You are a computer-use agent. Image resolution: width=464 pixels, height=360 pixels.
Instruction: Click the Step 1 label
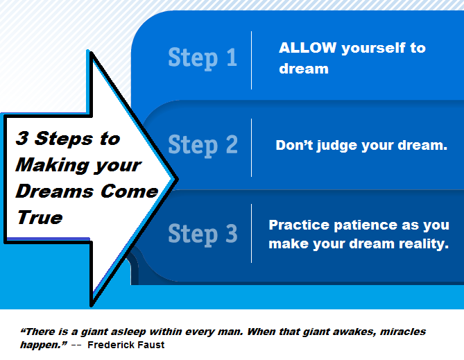pyautogui.click(x=203, y=58)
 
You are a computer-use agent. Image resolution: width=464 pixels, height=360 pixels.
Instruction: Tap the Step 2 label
pyautogui.click(x=203, y=145)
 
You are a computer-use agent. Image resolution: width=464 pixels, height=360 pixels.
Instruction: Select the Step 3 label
pyautogui.click(x=203, y=233)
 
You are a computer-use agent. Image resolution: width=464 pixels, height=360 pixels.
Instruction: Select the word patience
pyautogui.click(x=370, y=225)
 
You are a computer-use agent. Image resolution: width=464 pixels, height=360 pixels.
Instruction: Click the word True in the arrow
pyautogui.click(x=39, y=217)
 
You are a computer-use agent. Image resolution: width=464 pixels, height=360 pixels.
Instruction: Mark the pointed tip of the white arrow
pyautogui.click(x=176, y=179)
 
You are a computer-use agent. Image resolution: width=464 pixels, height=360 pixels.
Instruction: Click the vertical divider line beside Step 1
pyautogui.click(x=251, y=60)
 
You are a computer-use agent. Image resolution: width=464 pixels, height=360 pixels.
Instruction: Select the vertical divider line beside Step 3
pyautogui.click(x=251, y=234)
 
